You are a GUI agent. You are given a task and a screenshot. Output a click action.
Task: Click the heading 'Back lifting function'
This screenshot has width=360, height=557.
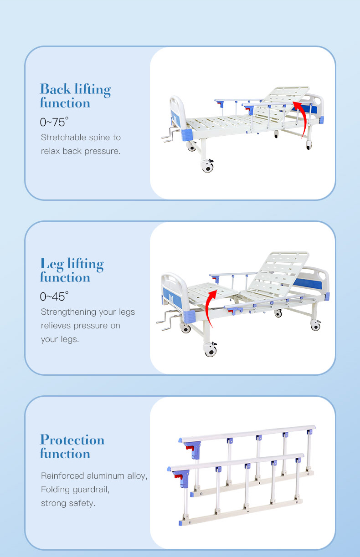pos(75,96)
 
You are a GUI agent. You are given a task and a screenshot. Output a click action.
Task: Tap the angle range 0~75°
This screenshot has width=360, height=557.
pos(54,122)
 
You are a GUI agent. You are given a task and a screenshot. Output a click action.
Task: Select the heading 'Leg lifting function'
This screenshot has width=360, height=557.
pos(72,271)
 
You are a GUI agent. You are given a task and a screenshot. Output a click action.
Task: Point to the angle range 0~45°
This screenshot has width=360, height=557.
pos(54,296)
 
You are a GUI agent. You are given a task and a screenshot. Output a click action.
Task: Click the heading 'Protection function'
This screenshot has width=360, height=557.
pos(72,447)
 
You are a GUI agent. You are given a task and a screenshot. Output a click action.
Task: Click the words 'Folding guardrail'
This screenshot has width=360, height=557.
pos(75,490)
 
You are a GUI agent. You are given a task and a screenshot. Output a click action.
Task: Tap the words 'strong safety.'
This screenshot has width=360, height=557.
pos(68,503)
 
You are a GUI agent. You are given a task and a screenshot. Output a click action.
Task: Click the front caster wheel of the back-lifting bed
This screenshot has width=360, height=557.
pos(207,167)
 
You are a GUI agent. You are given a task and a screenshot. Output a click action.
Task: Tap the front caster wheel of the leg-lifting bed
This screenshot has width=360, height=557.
pos(210,351)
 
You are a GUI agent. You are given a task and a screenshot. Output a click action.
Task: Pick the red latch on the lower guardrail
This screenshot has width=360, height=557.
pos(184,480)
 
